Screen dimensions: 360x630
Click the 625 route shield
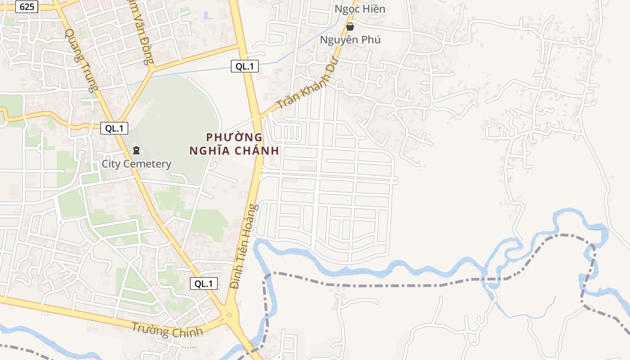(x=27, y=7)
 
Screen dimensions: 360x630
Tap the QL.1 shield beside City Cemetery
(x=114, y=128)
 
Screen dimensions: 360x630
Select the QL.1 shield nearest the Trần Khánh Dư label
(x=245, y=67)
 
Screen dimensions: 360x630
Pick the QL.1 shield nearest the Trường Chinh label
(x=204, y=283)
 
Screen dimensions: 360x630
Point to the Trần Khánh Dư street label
(x=307, y=84)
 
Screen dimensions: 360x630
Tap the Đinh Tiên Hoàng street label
(x=244, y=246)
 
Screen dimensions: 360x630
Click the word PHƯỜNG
(x=234, y=137)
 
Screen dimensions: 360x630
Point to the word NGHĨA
(x=211, y=151)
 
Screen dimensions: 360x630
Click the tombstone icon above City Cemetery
(x=136, y=150)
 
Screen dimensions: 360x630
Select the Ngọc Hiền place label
(x=360, y=9)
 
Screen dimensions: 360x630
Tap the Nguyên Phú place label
(x=350, y=40)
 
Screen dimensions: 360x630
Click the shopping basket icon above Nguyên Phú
(x=350, y=27)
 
